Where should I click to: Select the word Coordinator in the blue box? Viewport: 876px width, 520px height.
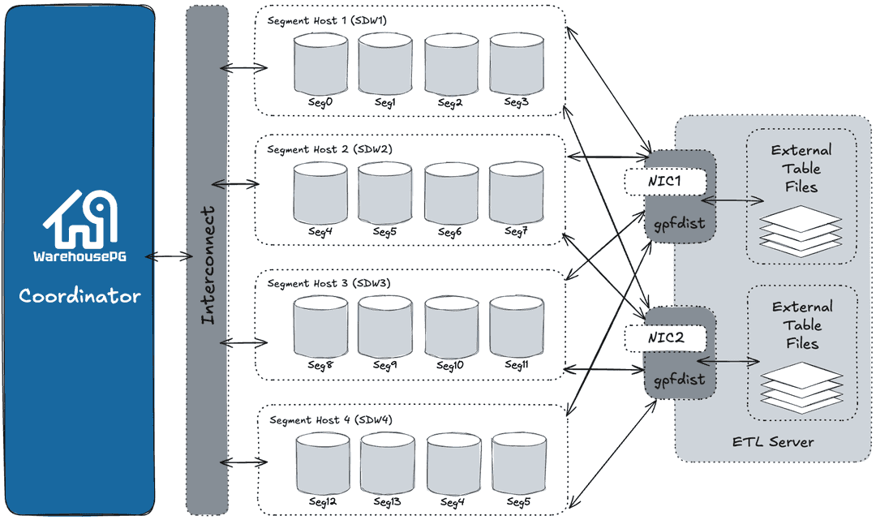coord(79,295)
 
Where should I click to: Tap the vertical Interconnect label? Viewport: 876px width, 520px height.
coord(208,266)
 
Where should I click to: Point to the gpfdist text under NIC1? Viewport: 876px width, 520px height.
coord(680,223)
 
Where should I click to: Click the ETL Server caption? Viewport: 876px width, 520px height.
coord(772,442)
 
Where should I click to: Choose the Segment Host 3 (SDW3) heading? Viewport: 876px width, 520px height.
coord(329,284)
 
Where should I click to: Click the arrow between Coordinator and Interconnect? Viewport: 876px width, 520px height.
coord(168,256)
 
